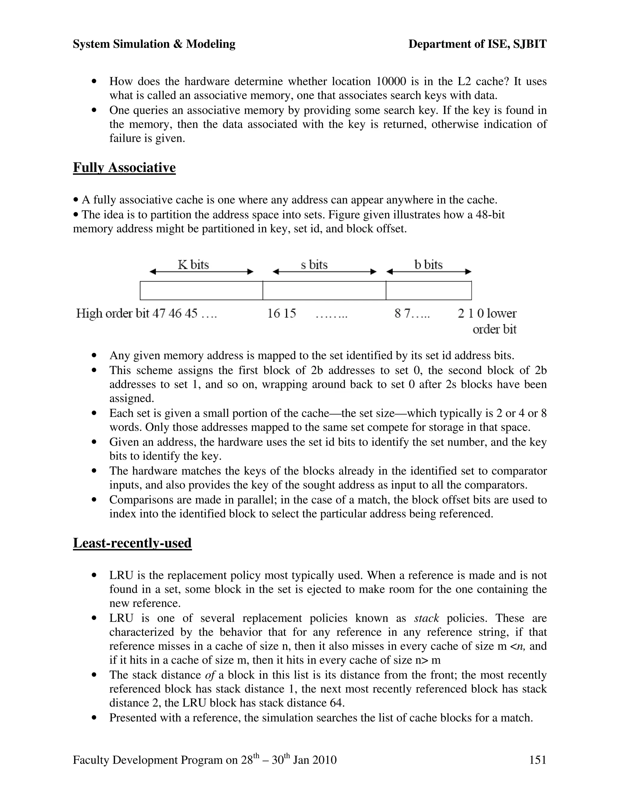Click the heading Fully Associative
coord(124,168)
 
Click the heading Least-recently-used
coord(132,543)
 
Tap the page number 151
coord(537,760)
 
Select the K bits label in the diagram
coord(193,265)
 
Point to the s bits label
coord(314,265)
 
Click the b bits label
coord(428,265)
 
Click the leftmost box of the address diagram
coord(201,291)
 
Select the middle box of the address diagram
coord(324,291)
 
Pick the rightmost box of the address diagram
coord(429,291)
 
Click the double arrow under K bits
coord(201,272)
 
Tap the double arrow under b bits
coord(429,272)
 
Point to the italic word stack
coord(426,618)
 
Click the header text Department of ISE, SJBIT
coord(477,44)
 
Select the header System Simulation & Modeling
coord(154,44)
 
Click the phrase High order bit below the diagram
coord(112,314)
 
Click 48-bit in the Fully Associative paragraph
coord(490,214)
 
